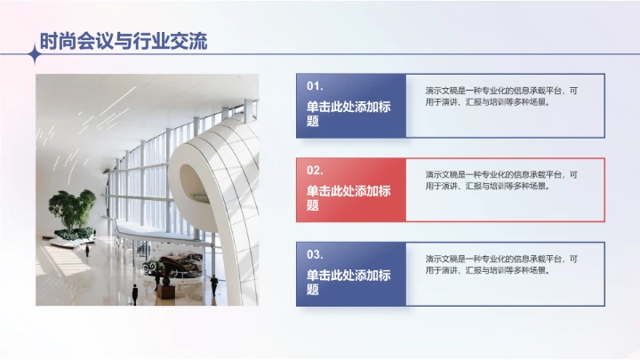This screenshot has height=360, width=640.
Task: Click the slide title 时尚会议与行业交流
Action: (x=123, y=41)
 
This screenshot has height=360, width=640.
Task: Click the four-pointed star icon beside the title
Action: (x=34, y=54)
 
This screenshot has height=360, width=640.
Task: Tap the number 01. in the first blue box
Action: (x=315, y=86)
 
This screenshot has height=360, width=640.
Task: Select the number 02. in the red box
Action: (x=315, y=170)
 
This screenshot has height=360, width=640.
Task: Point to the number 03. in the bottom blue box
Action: (x=315, y=253)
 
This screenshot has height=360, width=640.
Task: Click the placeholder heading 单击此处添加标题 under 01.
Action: (x=348, y=113)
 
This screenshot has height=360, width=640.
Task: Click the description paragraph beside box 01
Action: (x=501, y=96)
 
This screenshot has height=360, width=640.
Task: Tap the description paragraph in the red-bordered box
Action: (x=501, y=180)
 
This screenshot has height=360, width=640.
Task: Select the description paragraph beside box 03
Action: (x=501, y=264)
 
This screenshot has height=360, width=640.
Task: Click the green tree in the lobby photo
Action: (x=73, y=210)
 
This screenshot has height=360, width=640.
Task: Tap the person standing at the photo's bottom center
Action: (x=134, y=292)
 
